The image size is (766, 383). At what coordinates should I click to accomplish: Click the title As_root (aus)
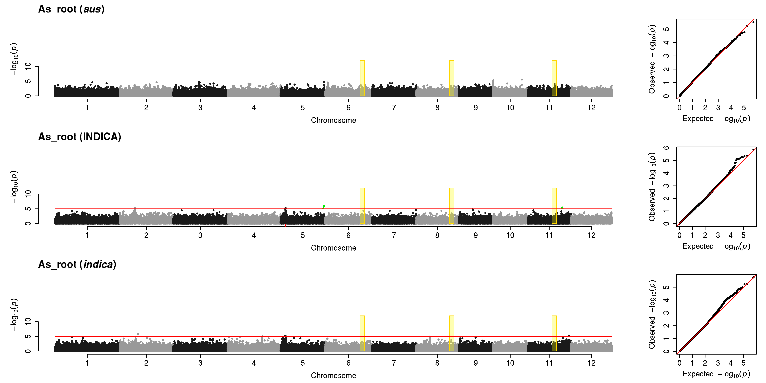click(x=71, y=9)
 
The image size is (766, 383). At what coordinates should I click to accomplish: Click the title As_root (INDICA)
click(x=80, y=137)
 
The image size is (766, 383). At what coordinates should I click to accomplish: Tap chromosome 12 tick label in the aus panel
click(x=591, y=108)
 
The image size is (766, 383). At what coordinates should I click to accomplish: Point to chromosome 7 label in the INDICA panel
click(x=394, y=235)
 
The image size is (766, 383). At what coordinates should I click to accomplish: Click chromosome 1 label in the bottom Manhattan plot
click(x=87, y=363)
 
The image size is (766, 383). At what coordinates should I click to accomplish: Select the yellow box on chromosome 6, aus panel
click(x=362, y=78)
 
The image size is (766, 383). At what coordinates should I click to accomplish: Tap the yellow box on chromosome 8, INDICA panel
click(x=451, y=206)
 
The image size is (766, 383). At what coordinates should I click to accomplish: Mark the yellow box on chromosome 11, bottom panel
click(x=554, y=333)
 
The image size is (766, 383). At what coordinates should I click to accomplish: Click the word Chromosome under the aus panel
click(x=333, y=120)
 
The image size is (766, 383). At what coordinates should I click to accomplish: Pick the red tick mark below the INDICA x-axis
click(x=285, y=225)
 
